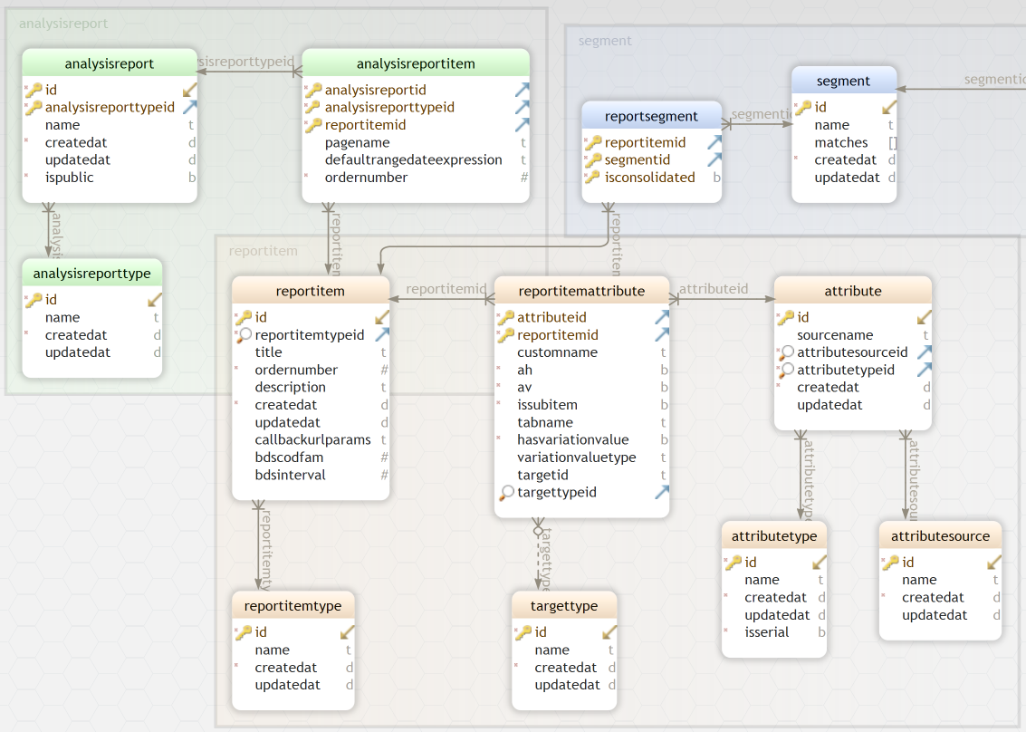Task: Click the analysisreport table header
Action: (x=109, y=63)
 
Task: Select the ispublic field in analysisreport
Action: (x=69, y=178)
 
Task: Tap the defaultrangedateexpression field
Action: (x=413, y=160)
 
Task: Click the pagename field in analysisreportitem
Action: (x=357, y=143)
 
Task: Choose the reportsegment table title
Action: (x=651, y=116)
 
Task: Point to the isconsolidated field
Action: (x=649, y=178)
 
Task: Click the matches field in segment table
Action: (x=840, y=143)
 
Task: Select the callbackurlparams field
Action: (x=312, y=440)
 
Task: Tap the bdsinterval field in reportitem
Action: (x=290, y=476)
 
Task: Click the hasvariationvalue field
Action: (x=572, y=440)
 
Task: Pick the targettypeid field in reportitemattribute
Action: (x=557, y=493)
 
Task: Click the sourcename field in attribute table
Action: (x=834, y=335)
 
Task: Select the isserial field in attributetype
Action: (x=766, y=632)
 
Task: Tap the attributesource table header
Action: (x=940, y=536)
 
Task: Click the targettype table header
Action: (x=565, y=606)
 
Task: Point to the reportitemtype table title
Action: (x=292, y=606)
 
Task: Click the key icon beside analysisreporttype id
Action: (x=34, y=300)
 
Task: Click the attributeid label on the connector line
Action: (x=714, y=289)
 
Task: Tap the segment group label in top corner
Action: (x=605, y=41)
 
